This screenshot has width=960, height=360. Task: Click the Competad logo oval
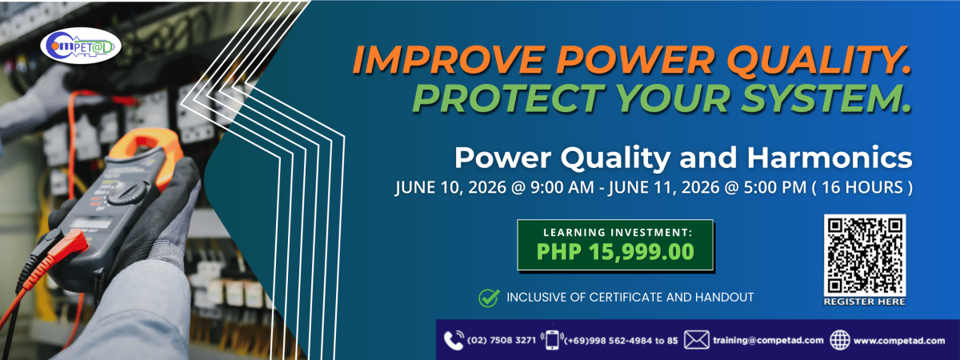(81, 46)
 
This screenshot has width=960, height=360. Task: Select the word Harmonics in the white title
(830, 158)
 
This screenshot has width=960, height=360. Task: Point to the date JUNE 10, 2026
(450, 188)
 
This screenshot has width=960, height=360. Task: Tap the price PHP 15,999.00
(615, 251)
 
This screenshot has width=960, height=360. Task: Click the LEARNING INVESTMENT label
(618, 232)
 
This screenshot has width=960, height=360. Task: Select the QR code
(865, 255)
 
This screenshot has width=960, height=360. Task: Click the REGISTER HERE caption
(864, 302)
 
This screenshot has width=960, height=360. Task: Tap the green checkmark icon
(489, 298)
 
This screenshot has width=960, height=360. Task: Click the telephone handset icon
(454, 340)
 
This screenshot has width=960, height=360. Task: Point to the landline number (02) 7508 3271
(502, 341)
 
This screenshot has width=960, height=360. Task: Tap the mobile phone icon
(553, 341)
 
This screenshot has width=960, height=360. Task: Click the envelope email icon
(697, 340)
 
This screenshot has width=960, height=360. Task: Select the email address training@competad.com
(768, 341)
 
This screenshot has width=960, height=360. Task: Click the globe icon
(839, 340)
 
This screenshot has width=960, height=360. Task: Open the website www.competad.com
(899, 341)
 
